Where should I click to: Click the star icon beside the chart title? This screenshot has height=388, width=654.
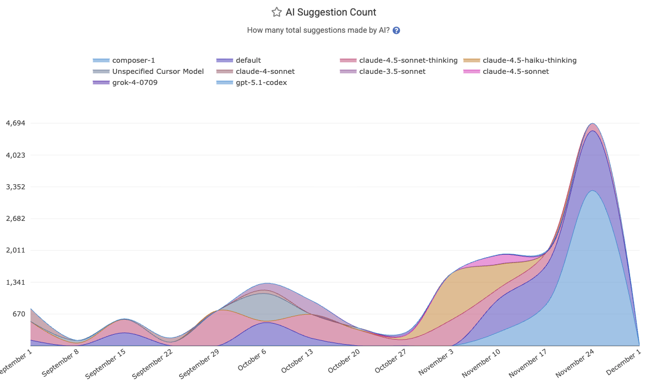[x=276, y=12]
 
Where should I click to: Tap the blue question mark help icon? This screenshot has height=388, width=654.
[x=397, y=31]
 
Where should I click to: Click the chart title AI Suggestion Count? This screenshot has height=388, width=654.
[x=331, y=12]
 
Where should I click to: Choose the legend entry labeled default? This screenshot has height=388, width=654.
[x=248, y=60]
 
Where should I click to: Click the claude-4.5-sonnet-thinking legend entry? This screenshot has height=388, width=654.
[x=408, y=60]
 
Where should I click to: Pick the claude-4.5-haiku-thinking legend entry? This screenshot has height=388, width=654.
[x=530, y=60]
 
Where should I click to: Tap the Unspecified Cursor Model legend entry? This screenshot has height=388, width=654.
[x=158, y=71]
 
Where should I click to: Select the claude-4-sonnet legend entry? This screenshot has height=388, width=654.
[x=265, y=71]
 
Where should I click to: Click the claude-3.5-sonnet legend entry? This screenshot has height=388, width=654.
[x=392, y=71]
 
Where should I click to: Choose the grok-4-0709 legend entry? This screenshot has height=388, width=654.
[x=135, y=82]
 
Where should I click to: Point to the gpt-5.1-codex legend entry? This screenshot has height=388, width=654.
[x=261, y=82]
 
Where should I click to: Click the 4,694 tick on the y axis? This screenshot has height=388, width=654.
[x=16, y=123]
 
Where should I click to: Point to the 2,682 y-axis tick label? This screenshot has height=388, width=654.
[x=16, y=219]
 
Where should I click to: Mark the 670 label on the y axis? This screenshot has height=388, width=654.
[x=19, y=314]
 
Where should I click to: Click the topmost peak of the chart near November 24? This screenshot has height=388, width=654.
[x=592, y=123]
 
